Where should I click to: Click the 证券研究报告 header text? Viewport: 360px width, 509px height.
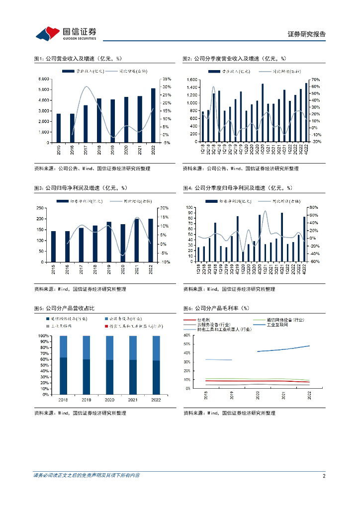[x=307, y=34]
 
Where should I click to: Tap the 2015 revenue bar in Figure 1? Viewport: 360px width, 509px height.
[x=59, y=128]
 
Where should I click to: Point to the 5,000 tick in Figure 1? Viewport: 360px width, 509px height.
[x=43, y=89]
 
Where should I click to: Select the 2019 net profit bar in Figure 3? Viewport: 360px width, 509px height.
[x=109, y=242]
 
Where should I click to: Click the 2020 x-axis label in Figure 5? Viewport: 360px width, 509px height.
[x=110, y=400]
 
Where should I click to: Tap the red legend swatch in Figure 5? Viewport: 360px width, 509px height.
[x=106, y=327]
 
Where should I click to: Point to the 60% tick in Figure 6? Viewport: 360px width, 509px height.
[x=188, y=336]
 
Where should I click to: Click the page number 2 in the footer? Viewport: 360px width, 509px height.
[x=324, y=476]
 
